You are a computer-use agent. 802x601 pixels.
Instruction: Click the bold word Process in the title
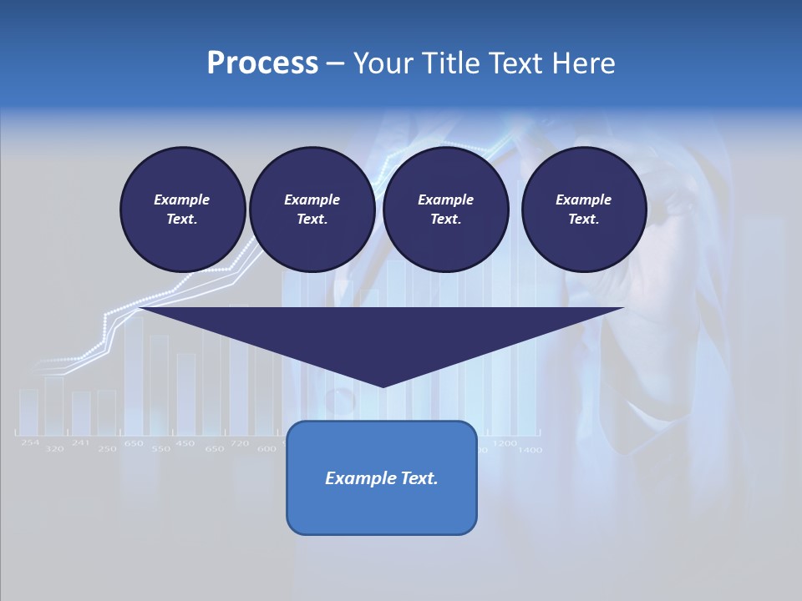pyautogui.click(x=262, y=63)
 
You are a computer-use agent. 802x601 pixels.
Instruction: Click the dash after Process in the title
pyautogui.click(x=335, y=64)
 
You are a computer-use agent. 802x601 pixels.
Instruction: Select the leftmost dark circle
pyautogui.click(x=182, y=210)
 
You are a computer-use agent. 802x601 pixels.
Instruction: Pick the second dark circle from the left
pyautogui.click(x=312, y=210)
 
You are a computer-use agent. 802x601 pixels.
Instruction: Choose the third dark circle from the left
pyautogui.click(x=445, y=210)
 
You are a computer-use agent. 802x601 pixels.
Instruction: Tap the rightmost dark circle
pyautogui.click(x=583, y=210)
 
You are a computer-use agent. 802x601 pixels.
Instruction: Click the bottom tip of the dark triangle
pyautogui.click(x=382, y=385)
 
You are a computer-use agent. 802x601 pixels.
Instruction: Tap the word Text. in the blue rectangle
pyautogui.click(x=419, y=478)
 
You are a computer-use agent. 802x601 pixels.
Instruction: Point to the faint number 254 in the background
pyautogui.click(x=30, y=442)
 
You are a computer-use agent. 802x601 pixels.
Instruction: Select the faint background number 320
pyautogui.click(x=54, y=449)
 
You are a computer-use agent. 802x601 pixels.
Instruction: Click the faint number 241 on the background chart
pyautogui.click(x=80, y=442)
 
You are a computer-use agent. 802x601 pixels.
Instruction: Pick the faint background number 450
pyautogui.click(x=185, y=443)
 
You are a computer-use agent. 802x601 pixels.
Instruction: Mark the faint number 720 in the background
pyautogui.click(x=239, y=443)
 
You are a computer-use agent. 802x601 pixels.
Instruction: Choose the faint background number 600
pyautogui.click(x=266, y=449)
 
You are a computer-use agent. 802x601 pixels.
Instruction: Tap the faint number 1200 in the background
pyautogui.click(x=504, y=443)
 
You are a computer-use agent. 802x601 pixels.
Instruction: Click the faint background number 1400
pyautogui.click(x=530, y=450)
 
